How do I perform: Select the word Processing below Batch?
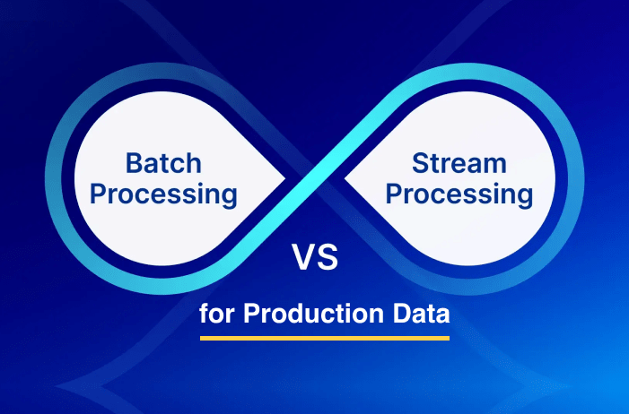165,194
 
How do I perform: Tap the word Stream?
459,164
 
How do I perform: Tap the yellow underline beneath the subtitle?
324,339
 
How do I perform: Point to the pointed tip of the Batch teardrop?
285,180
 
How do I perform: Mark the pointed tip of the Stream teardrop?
346,180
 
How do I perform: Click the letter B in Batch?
133,164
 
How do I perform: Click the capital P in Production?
251,315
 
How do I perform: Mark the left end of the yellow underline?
201,339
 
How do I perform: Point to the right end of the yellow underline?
448,339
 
